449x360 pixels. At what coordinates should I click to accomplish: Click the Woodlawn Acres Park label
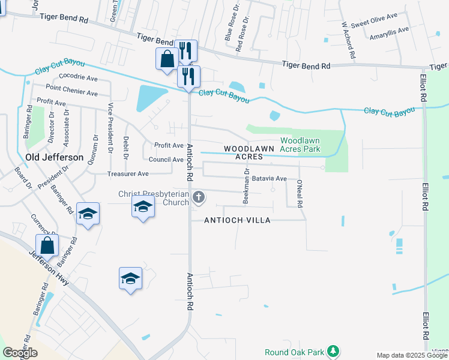[300, 144]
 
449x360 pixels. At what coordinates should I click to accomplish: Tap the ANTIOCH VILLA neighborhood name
[237, 220]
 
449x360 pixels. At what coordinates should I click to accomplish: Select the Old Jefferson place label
[55, 157]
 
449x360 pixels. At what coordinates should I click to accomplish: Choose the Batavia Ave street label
[270, 179]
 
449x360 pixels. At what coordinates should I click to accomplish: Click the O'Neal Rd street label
[300, 193]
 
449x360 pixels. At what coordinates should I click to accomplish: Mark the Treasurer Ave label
[127, 174]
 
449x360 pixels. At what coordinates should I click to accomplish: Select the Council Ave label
[166, 160]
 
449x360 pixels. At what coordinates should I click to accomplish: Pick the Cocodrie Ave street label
[79, 78]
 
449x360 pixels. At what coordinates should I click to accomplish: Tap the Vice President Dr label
[110, 127]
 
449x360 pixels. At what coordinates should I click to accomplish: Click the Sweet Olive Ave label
[375, 24]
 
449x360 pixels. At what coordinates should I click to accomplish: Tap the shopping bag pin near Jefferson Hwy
[46, 245]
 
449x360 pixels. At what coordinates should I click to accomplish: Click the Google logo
[20, 353]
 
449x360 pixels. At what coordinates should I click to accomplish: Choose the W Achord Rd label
[348, 41]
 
